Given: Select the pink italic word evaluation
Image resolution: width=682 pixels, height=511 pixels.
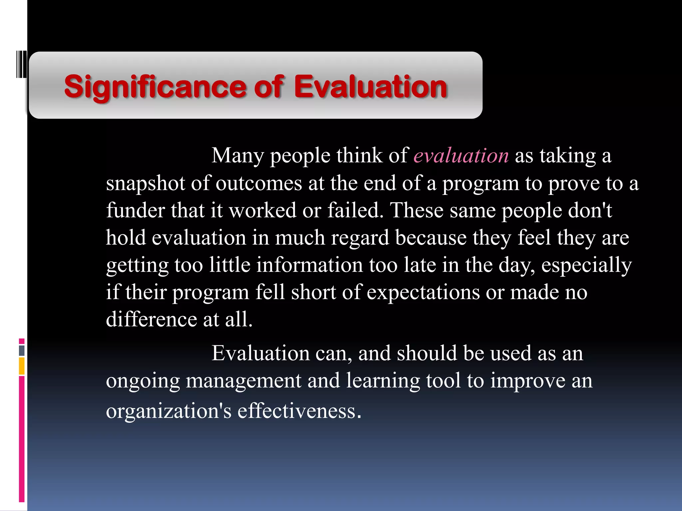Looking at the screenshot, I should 461,155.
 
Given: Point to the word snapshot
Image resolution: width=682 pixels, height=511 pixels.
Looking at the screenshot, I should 146,184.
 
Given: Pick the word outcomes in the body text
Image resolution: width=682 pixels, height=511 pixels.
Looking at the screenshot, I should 259,184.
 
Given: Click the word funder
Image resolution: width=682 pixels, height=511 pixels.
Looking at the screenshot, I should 136,210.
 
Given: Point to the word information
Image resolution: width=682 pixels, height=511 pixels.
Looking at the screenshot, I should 309,265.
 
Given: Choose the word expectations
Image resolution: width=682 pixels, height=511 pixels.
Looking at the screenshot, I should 423,292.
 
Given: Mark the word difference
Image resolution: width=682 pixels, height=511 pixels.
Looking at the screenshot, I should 152,319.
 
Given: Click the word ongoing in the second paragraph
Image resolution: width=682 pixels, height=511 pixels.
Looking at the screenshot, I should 143,381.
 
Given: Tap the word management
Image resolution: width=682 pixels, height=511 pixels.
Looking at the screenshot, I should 243,381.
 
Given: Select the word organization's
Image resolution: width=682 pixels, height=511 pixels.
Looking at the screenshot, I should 169,411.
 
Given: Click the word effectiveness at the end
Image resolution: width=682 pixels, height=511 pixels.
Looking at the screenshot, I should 299,411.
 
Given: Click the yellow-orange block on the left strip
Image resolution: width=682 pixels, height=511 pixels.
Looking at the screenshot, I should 22,366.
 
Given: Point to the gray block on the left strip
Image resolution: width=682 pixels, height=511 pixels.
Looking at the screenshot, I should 22,350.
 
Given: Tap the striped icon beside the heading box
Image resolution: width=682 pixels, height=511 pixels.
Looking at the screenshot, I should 21,64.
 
